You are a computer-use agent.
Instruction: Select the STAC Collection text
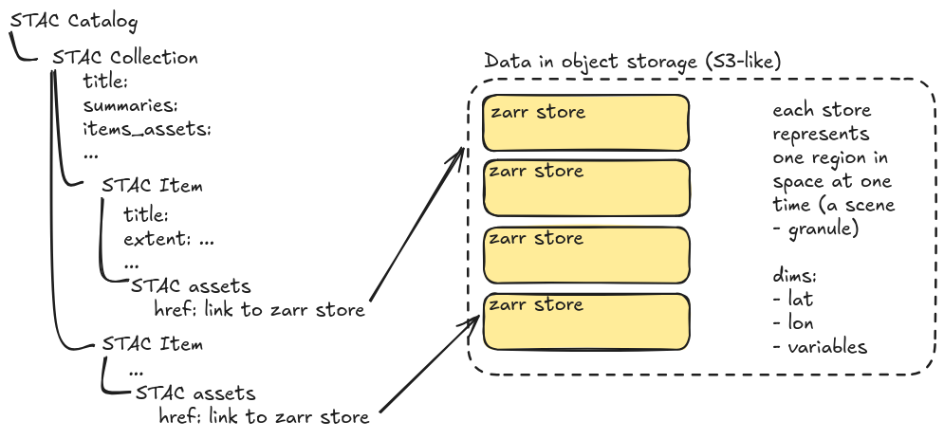[x=125, y=58]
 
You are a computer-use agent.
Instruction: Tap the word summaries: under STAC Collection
[x=131, y=104]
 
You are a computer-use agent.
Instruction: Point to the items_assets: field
[x=146, y=128]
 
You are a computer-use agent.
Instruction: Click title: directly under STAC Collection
[x=105, y=82]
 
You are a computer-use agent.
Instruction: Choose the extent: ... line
[x=169, y=240]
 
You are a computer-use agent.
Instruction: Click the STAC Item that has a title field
[x=152, y=186]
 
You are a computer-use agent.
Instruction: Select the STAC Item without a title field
[x=152, y=343]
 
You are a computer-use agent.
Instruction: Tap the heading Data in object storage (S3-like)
[x=633, y=62]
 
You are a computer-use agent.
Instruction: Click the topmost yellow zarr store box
[x=584, y=122]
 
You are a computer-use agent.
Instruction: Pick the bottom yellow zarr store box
[x=584, y=321]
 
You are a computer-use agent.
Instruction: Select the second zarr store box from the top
[x=584, y=188]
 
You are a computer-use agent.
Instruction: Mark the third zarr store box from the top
[x=584, y=255]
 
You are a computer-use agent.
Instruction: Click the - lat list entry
[x=793, y=300]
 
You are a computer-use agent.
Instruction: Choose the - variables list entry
[x=820, y=347]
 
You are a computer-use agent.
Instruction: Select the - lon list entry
[x=794, y=323]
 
